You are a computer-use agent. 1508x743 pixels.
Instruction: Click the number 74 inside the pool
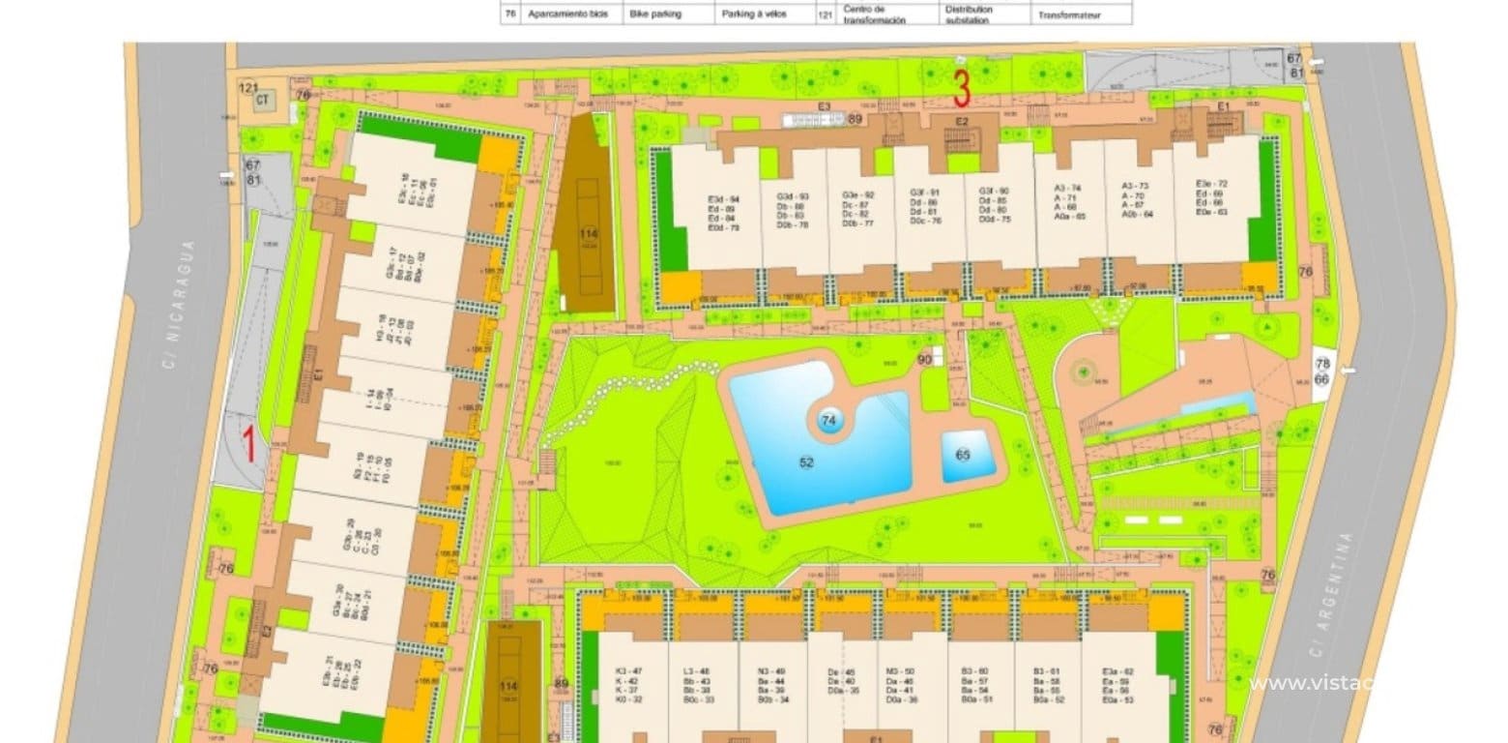[828, 421]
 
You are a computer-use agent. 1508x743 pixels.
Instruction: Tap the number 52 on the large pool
[806, 462]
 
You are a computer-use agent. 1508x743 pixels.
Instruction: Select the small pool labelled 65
[963, 455]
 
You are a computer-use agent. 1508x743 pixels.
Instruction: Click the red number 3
[962, 88]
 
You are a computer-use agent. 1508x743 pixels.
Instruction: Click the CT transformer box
[263, 101]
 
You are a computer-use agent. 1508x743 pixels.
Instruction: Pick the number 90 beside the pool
[924, 360]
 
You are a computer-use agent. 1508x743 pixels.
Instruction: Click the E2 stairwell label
[962, 121]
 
